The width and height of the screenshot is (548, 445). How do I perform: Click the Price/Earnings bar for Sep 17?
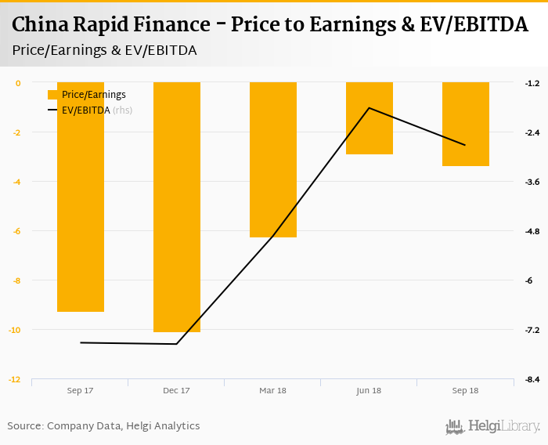pyautogui.click(x=81, y=197)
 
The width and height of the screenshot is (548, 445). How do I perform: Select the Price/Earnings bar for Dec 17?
pyautogui.click(x=177, y=207)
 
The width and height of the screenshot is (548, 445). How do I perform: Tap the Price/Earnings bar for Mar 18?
pyautogui.click(x=273, y=160)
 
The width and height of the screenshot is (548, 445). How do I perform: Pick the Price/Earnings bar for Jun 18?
pyautogui.click(x=370, y=118)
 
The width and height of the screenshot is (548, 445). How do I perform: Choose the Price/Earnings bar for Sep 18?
pyautogui.click(x=466, y=124)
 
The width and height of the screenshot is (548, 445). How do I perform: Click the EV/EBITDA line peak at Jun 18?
pyautogui.click(x=370, y=108)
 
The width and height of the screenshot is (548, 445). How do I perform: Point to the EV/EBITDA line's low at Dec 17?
pyautogui.click(x=177, y=344)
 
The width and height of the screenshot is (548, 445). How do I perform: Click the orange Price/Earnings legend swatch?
pyautogui.click(x=53, y=95)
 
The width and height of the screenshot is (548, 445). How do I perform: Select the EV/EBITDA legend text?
pyautogui.click(x=86, y=110)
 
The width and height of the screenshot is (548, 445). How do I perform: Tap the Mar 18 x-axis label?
pyautogui.click(x=273, y=390)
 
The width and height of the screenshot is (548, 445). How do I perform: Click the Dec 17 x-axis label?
pyautogui.click(x=177, y=390)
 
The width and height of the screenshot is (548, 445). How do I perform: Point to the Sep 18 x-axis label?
pyautogui.click(x=466, y=390)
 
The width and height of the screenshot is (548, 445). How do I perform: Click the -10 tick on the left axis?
pyautogui.click(x=15, y=330)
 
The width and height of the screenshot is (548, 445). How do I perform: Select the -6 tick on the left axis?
pyautogui.click(x=16, y=231)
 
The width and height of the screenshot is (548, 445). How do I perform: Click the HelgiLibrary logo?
pyautogui.click(x=492, y=426)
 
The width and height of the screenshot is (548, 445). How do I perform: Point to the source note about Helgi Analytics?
pyautogui.click(x=103, y=426)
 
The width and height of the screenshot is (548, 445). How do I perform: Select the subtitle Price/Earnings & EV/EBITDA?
pyautogui.click(x=104, y=49)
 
